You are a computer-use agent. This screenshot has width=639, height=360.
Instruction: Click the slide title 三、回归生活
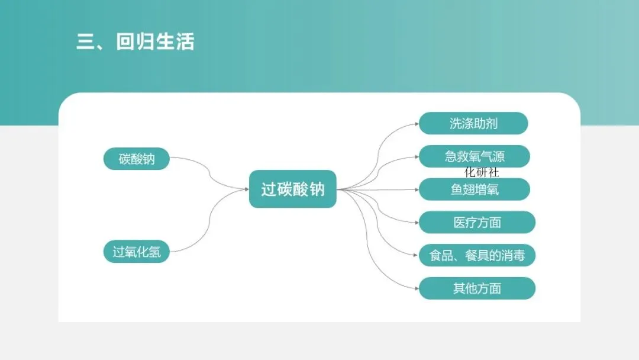coord(135,42)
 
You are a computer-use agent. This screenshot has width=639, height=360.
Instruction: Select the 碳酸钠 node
coord(137,159)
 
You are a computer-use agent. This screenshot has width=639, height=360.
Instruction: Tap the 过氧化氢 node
coord(137,252)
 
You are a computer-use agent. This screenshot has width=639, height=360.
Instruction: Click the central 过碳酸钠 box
coord(293,189)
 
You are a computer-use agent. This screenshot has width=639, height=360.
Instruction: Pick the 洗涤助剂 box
coord(473,123)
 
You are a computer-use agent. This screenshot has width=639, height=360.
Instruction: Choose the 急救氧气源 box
coord(475,156)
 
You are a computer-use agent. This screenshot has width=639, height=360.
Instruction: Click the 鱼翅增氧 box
coord(475,189)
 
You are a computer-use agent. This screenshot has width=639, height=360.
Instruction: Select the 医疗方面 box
coord(477,223)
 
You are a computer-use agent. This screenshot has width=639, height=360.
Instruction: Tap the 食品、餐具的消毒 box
coord(477,256)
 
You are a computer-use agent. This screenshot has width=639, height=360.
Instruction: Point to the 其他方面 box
coord(477,288)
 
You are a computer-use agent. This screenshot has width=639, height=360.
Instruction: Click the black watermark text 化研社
coord(482,172)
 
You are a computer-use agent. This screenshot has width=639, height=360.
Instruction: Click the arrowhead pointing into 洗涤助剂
coord(416,124)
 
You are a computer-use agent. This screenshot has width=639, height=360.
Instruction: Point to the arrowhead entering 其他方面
coord(416,288)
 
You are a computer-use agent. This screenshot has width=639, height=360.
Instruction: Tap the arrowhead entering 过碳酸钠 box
coord(246,189)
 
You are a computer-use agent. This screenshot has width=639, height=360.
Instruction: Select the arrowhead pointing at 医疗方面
coord(416,223)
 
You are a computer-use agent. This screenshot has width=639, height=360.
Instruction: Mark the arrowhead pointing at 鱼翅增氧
coord(416,189)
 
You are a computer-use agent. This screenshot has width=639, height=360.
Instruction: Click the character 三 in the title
coord(86,42)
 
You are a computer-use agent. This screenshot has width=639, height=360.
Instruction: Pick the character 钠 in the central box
coord(317,189)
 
